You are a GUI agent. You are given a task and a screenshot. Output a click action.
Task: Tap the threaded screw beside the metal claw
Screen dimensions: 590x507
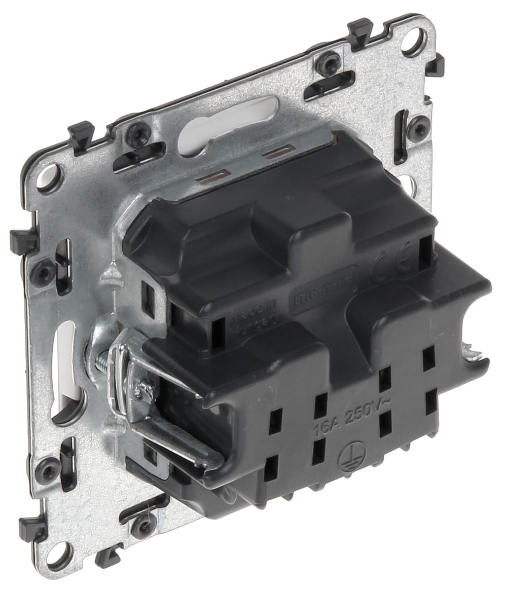pos(101,361)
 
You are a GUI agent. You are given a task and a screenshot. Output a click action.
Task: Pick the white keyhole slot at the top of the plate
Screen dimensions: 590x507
pos(228,119)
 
